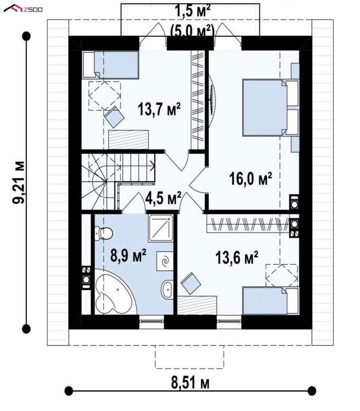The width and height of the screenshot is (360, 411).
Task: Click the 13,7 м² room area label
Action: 159,109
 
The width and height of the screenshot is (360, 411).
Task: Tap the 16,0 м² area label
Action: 251,178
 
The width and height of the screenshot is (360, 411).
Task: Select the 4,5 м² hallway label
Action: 163,198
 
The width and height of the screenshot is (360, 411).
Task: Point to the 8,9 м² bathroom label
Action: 128,255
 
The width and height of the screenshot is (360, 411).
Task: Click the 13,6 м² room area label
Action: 237,257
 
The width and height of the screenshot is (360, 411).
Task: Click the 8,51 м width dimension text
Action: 190,383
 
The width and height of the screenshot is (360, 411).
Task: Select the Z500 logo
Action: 23,9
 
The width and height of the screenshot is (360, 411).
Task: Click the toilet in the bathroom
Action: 103,233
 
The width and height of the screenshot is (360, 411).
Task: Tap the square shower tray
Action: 160,228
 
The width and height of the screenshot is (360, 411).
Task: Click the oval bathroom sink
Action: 167,289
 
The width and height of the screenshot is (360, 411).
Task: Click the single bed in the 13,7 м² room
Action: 110,65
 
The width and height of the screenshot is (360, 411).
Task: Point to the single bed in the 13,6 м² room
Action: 270,300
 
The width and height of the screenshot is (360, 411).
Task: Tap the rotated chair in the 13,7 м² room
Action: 114,117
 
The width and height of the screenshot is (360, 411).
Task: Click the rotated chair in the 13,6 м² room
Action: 191,283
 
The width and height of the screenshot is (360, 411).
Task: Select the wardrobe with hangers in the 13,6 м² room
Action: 248,223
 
